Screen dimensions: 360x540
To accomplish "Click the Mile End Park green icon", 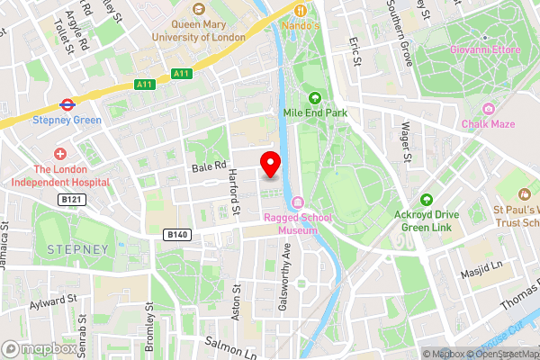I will (315, 99).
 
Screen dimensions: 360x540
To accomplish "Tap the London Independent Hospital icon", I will (60, 153).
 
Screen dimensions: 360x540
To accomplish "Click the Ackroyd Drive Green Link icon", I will (426, 200).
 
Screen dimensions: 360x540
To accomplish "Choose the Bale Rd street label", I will (207, 167).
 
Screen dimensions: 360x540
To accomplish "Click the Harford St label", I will (234, 192).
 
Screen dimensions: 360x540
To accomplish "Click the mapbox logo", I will (38, 348).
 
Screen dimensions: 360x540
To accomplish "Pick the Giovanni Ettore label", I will (486, 49).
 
